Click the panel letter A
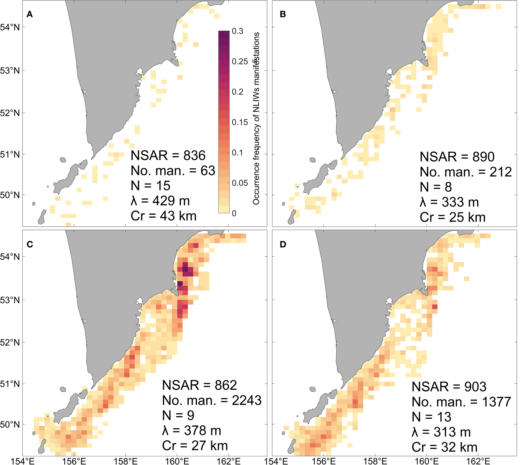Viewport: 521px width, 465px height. (30, 15)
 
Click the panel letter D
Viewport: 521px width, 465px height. (283, 245)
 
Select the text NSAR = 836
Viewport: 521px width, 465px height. (168, 156)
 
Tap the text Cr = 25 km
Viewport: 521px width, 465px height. (452, 217)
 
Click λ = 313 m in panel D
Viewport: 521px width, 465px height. (441, 432)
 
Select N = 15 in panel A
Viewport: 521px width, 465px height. (150, 186)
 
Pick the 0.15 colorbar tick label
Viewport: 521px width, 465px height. (240, 122)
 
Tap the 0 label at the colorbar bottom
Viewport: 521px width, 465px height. (234, 213)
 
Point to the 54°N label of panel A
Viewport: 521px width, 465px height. (10, 27)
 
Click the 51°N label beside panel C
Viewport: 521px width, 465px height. (10, 384)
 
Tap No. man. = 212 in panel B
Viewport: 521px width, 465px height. (466, 172)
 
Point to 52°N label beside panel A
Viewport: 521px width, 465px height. (10, 113)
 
